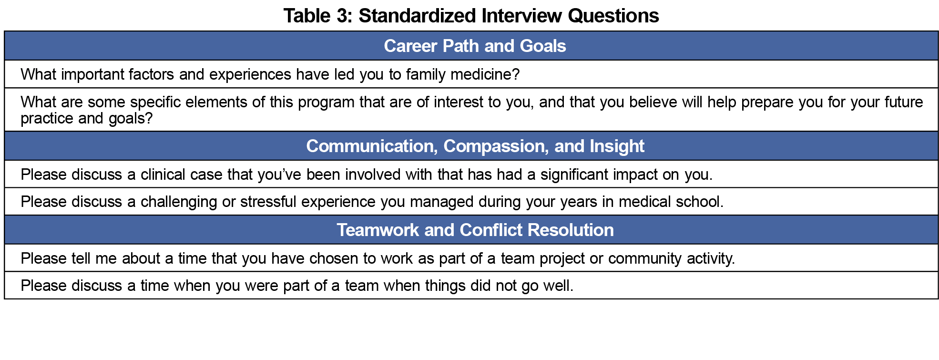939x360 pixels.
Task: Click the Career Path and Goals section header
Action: (475, 46)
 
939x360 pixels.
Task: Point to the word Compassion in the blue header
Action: (494, 146)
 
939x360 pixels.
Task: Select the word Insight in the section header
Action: (617, 146)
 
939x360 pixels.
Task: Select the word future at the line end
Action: (904, 102)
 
